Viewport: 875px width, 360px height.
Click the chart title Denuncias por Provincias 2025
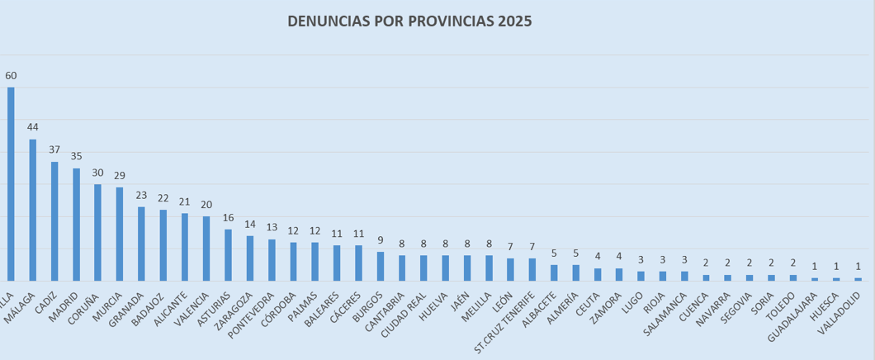(409, 21)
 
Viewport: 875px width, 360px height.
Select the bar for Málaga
(33, 210)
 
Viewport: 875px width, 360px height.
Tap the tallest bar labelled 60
(11, 184)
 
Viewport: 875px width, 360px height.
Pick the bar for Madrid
(76, 225)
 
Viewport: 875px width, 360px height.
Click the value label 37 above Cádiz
(54, 149)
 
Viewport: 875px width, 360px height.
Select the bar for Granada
(141, 244)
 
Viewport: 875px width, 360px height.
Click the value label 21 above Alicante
(184, 201)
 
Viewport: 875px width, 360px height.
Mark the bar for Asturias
(228, 255)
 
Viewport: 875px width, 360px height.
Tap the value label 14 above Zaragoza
(249, 224)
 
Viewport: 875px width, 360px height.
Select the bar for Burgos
(380, 266)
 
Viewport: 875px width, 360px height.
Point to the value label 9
(380, 240)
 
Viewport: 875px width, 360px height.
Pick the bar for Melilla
(489, 268)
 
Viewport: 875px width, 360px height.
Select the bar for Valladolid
(858, 279)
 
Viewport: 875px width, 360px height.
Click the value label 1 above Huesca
(836, 266)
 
